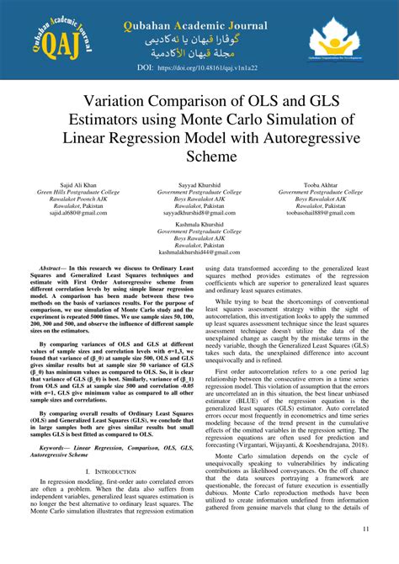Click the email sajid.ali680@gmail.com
tap(82, 213)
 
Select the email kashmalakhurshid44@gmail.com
tap(199, 252)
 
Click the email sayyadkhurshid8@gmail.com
tap(199, 213)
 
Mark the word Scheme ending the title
tap(199, 157)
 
